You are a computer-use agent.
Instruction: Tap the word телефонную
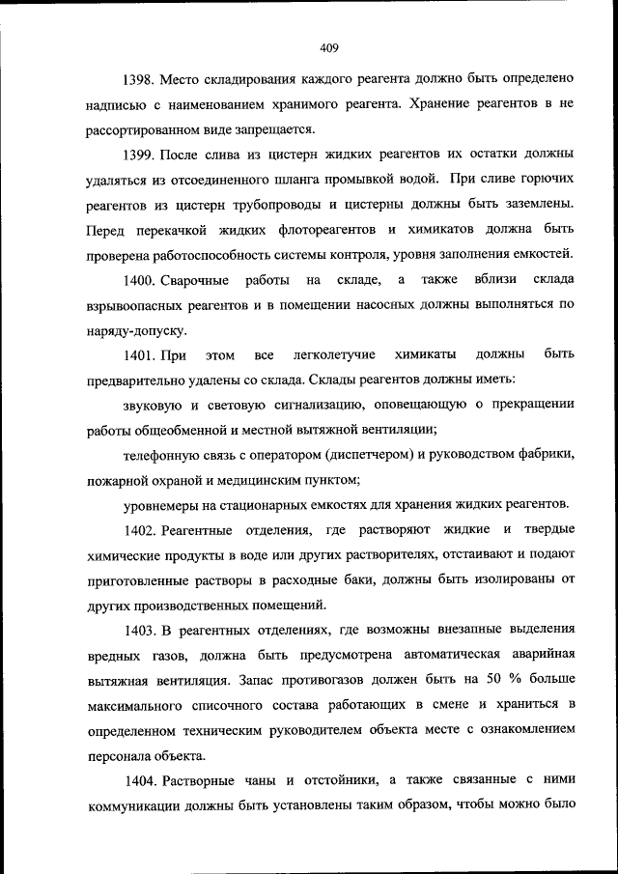[163, 454]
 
